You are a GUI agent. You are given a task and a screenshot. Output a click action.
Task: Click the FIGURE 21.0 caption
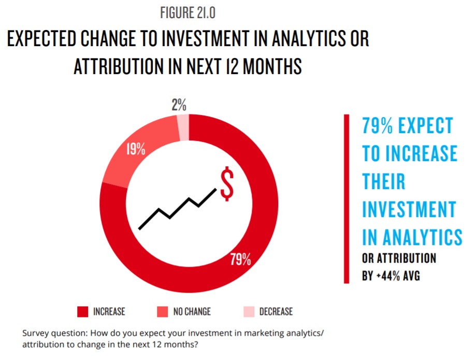[188, 13]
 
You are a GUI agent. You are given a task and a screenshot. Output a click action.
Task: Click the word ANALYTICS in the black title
[309, 38]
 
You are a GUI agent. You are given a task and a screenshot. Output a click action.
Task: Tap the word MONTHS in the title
[272, 66]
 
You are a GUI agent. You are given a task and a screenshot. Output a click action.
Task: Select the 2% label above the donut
[179, 105]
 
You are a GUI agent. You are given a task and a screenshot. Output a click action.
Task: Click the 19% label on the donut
[136, 149]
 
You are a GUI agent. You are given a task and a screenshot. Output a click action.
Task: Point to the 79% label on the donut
[240, 259]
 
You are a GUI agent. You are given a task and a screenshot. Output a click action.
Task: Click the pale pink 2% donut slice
[184, 127]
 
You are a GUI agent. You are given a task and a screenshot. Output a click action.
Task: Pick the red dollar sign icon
[227, 184]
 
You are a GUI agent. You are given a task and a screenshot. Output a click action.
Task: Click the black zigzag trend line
[178, 209]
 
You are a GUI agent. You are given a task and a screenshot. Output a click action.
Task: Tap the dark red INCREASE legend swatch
[82, 312]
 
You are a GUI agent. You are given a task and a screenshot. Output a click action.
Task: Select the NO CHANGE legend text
[192, 312]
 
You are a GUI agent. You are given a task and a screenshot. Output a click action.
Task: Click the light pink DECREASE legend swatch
[249, 312]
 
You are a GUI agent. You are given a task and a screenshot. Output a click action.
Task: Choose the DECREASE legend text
[276, 312]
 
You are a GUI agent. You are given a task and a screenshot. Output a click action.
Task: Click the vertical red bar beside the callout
[347, 199]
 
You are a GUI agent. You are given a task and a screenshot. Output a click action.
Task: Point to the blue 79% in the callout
[378, 125]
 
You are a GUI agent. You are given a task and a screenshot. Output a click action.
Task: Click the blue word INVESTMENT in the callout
[409, 209]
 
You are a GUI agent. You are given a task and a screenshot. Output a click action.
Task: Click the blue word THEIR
[384, 181]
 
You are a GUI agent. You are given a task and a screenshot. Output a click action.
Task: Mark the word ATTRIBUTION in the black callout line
[407, 258]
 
